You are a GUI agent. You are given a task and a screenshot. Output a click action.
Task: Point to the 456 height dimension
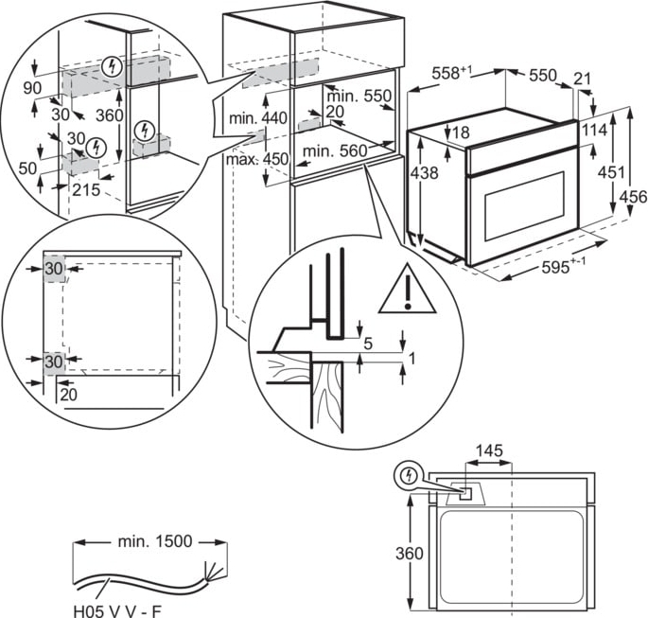(x=633, y=197)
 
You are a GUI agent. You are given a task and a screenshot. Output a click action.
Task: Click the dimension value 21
(x=582, y=79)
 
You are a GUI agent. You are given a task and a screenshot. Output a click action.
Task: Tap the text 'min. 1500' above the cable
(x=154, y=541)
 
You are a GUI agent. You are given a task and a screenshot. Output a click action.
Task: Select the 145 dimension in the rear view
(x=488, y=451)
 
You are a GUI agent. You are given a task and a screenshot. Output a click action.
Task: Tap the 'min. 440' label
(x=257, y=118)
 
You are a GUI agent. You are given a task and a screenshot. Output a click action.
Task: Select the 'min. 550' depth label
(x=359, y=96)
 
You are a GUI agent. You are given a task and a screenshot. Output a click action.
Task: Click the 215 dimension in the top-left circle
(x=86, y=187)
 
